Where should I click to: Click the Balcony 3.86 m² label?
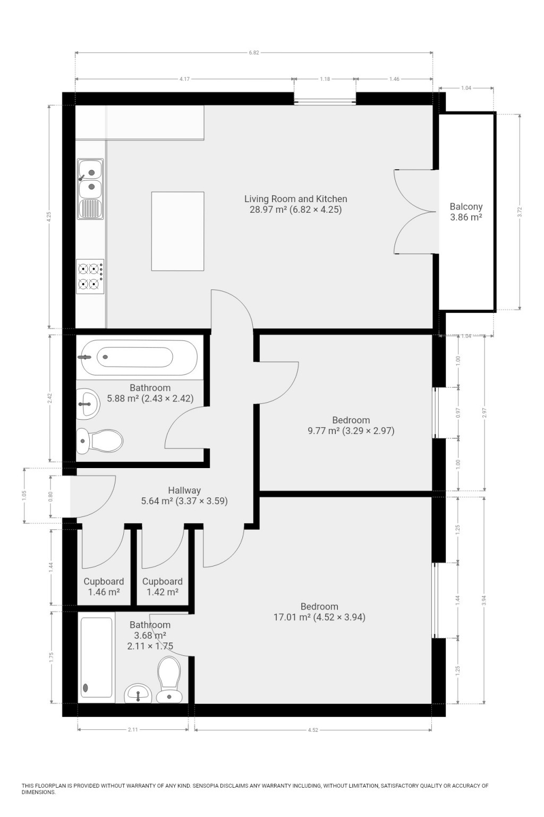pos(466,212)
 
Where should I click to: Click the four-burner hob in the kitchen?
pos(90,276)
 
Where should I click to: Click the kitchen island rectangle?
pos(177,231)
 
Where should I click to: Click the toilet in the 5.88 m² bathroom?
pos(99,441)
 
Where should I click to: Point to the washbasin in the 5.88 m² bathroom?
pos(88,404)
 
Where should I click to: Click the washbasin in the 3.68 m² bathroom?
pos(138,694)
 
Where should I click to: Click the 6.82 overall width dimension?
pos(254,53)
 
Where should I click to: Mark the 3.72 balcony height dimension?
pos(520,212)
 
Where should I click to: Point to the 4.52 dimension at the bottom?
pos(313,730)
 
